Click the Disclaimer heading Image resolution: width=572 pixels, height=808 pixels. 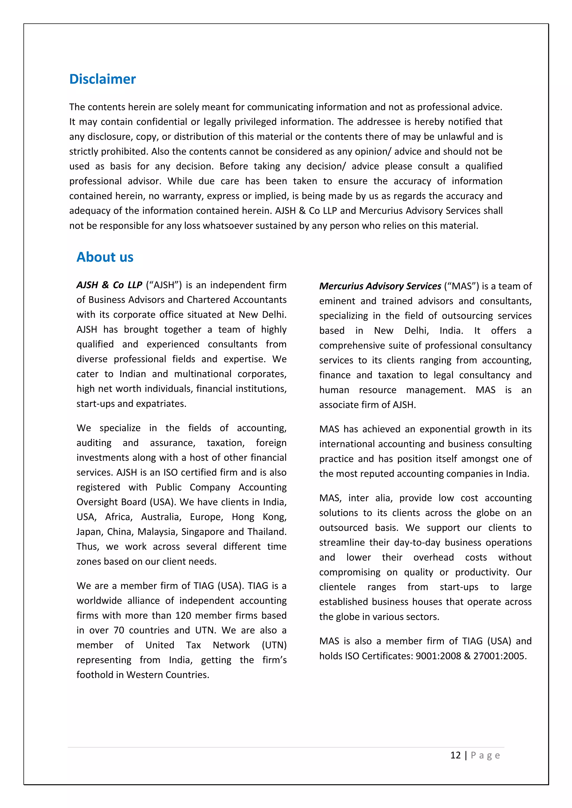click(103, 79)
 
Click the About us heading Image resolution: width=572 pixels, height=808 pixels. click(105, 257)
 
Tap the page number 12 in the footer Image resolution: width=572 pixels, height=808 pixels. click(456, 755)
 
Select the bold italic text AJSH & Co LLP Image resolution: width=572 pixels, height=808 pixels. click(109, 285)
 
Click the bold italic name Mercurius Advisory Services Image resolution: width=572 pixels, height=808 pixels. click(380, 286)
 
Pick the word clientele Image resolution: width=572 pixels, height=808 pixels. click(337, 587)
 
